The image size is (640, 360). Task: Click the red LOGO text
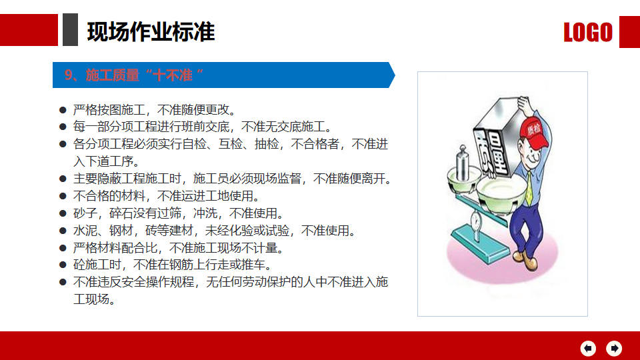pyautogui.click(x=588, y=32)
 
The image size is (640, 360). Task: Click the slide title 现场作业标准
pyautogui.click(x=151, y=32)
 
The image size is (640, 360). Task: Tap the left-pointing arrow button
pyautogui.click(x=588, y=348)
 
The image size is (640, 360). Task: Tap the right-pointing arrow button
pyautogui.click(x=614, y=348)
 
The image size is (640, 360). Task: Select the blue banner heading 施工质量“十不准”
pyautogui.click(x=134, y=75)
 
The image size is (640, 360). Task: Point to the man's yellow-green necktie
pyautogui.click(x=529, y=188)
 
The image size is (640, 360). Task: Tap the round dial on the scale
pyautogui.click(x=476, y=221)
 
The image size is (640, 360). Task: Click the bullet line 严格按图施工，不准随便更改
pyautogui.click(x=155, y=110)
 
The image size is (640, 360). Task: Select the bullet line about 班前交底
pyautogui.click(x=203, y=127)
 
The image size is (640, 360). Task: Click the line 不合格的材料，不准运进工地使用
pyautogui.click(x=167, y=196)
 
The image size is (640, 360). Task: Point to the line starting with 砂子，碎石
pyautogui.click(x=179, y=213)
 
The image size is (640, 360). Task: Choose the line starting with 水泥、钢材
pyautogui.click(x=215, y=231)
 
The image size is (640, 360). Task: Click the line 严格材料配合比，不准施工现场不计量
pyautogui.click(x=179, y=248)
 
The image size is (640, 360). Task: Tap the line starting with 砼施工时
pyautogui.click(x=173, y=265)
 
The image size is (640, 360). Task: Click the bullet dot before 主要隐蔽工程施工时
pyautogui.click(x=63, y=179)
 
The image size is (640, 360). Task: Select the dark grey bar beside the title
pyautogui.click(x=70, y=30)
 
